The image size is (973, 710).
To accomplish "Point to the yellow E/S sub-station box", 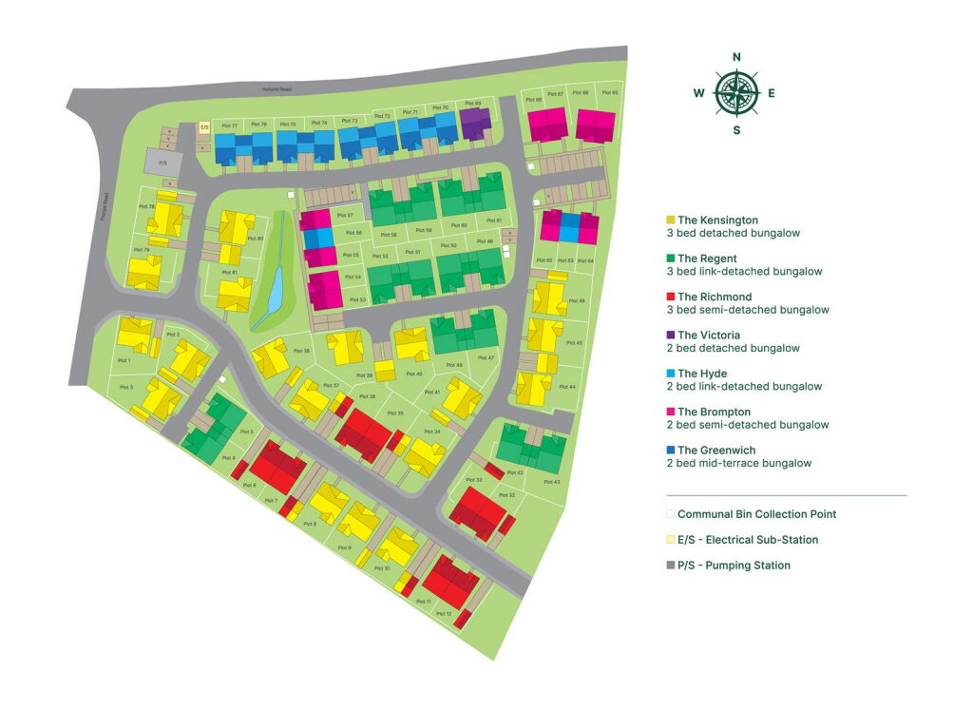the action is click(x=203, y=126).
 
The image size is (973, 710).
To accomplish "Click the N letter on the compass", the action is click(x=736, y=57).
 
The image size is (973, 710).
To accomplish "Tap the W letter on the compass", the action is click(x=698, y=93).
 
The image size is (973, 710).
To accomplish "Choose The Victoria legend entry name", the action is click(x=708, y=336).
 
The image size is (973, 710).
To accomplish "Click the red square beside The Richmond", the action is click(x=671, y=297).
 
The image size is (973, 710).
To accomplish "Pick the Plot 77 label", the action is click(x=229, y=125).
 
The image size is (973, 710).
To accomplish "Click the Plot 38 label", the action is click(x=301, y=351).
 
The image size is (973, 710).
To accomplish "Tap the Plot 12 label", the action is click(x=443, y=614).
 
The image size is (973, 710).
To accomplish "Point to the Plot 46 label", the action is click(x=576, y=300).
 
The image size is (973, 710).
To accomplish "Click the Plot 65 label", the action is click(x=608, y=93).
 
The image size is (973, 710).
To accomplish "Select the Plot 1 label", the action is click(x=124, y=360).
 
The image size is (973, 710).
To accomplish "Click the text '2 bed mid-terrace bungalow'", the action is click(x=738, y=464).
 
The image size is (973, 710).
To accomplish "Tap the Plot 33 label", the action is click(x=474, y=480).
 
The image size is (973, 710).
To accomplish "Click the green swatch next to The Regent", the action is click(x=671, y=259).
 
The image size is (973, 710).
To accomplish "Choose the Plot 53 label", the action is click(x=356, y=300).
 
